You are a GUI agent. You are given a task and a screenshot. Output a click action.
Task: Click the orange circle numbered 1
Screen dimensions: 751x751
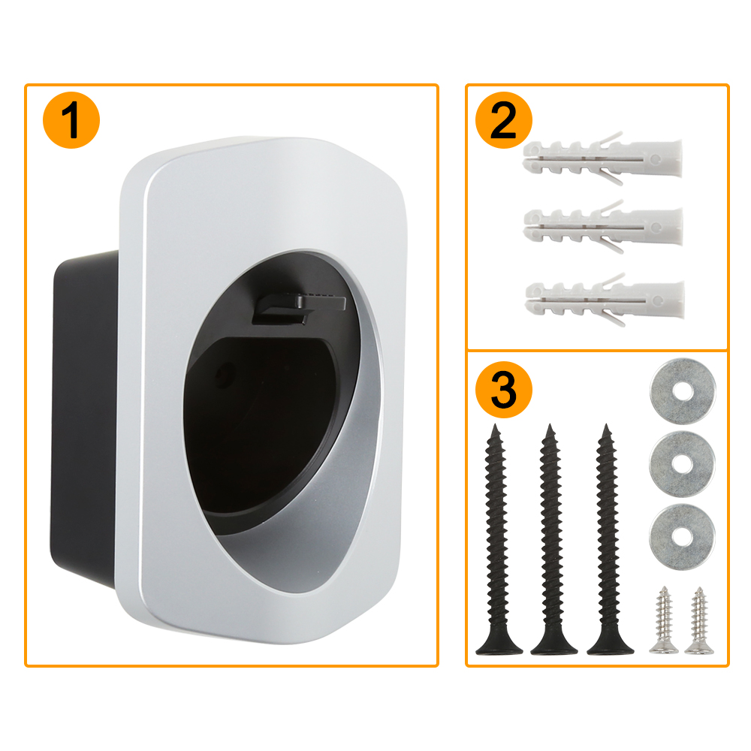click(71, 119)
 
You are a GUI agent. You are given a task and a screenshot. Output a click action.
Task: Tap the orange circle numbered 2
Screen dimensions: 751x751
click(503, 119)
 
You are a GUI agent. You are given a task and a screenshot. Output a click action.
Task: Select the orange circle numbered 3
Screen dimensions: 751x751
click(503, 390)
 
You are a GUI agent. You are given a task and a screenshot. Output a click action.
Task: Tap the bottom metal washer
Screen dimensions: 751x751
click(682, 535)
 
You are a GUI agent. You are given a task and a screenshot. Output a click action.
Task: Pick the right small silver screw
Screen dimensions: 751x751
click(699, 619)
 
